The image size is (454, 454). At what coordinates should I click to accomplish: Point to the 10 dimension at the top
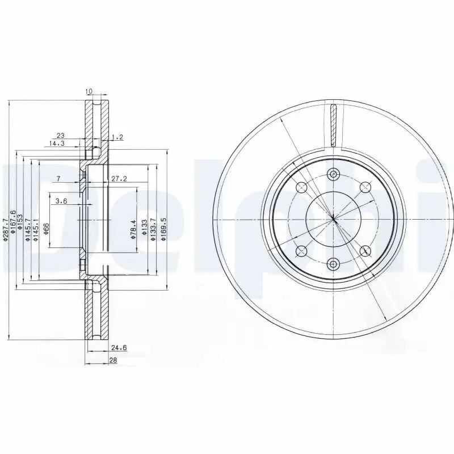click(89, 91)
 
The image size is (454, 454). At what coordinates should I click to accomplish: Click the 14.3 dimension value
click(57, 144)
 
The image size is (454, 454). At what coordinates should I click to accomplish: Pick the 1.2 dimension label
click(117, 137)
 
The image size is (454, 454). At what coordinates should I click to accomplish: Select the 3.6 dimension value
click(62, 200)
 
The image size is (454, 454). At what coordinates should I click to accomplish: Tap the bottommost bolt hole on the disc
click(334, 263)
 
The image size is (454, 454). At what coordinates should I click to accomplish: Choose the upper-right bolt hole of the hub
click(365, 186)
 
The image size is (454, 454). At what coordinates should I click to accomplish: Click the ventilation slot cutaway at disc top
click(334, 125)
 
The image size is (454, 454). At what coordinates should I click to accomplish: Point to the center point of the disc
click(334, 218)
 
